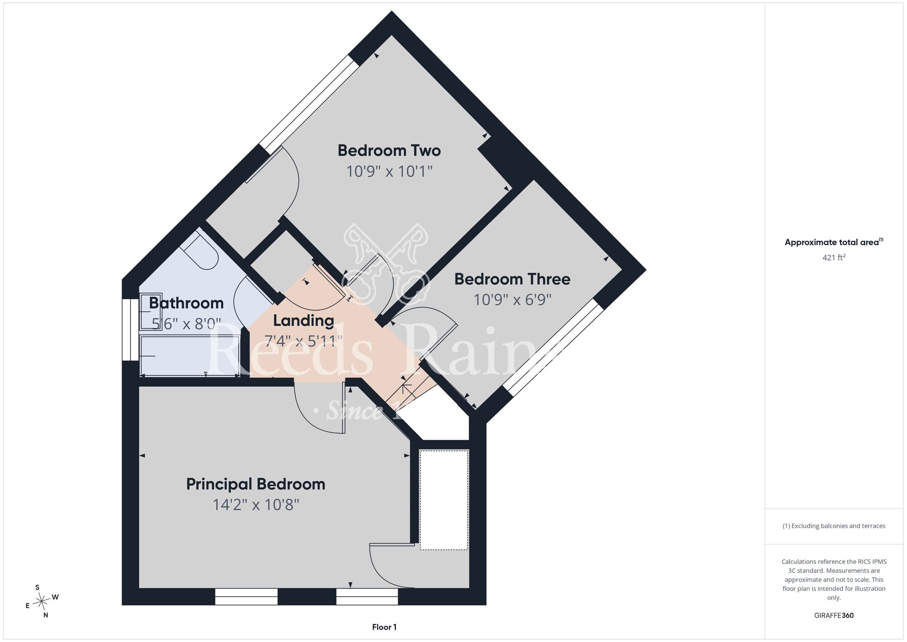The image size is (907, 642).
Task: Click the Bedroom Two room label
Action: click(x=389, y=150)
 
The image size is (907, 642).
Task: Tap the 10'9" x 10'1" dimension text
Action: click(x=389, y=172)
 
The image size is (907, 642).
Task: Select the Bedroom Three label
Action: click(x=512, y=279)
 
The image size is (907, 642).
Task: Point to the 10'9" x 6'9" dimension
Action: click(x=512, y=300)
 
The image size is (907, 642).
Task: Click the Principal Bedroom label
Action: click(x=256, y=484)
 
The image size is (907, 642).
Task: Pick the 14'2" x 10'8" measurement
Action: click(x=256, y=505)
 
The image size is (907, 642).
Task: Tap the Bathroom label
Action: click(x=186, y=303)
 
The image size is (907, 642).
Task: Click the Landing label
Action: click(x=303, y=321)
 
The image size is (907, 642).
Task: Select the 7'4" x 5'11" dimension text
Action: click(x=303, y=341)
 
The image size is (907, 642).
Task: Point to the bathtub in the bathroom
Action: click(x=190, y=356)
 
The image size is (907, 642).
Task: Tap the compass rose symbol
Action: click(x=42, y=602)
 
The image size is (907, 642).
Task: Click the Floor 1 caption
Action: click(x=384, y=627)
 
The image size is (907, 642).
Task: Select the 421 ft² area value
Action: click(x=834, y=257)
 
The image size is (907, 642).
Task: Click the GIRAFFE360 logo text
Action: click(x=834, y=616)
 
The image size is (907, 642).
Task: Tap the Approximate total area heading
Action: click(x=834, y=242)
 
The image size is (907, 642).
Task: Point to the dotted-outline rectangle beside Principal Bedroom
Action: click(x=444, y=500)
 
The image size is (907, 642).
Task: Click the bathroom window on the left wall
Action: click(x=130, y=330)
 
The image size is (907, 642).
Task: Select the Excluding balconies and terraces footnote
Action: click(x=834, y=526)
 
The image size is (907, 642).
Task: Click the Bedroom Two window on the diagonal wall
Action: click(x=309, y=105)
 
